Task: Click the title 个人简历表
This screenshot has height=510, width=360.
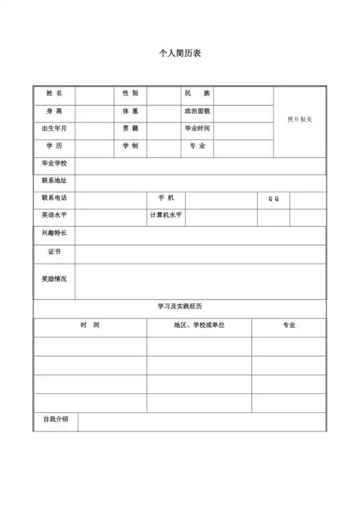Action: click(179, 54)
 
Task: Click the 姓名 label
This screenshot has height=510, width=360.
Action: click(55, 94)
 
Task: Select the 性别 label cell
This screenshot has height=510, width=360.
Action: click(130, 94)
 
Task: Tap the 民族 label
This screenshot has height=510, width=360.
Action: click(197, 94)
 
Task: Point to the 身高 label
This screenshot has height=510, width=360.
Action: click(55, 112)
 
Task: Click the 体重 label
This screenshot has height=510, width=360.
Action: click(130, 112)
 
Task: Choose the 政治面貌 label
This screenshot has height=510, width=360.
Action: click(197, 112)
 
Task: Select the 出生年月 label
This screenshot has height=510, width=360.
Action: click(55, 129)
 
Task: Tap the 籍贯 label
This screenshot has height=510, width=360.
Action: click(130, 129)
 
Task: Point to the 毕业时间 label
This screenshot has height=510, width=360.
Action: click(197, 129)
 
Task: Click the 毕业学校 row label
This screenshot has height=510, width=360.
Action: click(55, 164)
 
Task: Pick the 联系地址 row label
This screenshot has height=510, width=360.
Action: click(55, 181)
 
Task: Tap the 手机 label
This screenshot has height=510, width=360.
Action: click(166, 198)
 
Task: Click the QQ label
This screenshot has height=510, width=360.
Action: click(274, 199)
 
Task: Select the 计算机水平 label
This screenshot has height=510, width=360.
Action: click(166, 215)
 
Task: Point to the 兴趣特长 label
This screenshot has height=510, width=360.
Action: click(55, 233)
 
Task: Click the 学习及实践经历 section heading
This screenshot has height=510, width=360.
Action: click(179, 307)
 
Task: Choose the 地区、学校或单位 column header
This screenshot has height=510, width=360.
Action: click(199, 326)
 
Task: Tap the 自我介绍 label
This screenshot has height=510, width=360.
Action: click(55, 420)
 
